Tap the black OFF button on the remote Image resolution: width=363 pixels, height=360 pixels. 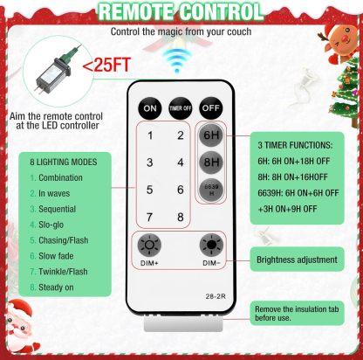211,108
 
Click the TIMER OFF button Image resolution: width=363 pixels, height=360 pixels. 181,108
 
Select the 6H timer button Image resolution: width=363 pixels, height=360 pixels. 211,135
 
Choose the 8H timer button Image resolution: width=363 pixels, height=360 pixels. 211,163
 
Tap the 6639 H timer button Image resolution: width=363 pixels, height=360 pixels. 211,190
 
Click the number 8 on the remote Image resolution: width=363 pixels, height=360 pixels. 181,217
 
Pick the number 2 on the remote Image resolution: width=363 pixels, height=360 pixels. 181,135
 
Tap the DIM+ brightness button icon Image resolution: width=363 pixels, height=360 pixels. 149,245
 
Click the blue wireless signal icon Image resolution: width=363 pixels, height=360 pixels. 177,60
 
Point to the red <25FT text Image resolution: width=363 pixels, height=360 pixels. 106,65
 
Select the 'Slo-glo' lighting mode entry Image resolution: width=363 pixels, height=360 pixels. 51,225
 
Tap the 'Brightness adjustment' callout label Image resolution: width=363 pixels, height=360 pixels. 297,260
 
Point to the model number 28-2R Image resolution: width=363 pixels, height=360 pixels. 216,296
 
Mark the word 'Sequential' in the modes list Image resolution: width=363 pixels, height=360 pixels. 58,209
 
